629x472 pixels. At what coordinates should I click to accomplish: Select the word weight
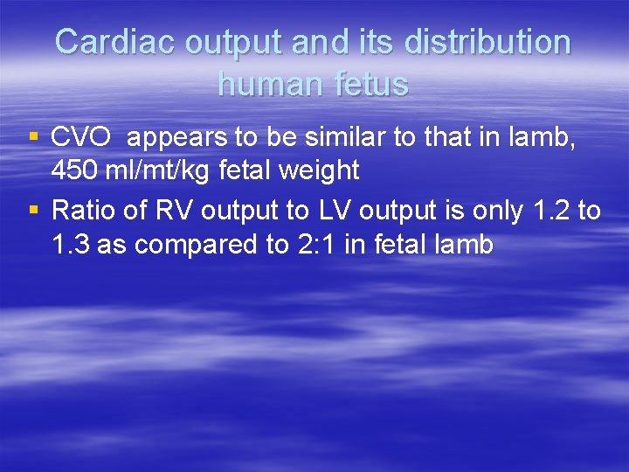[317, 170]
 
